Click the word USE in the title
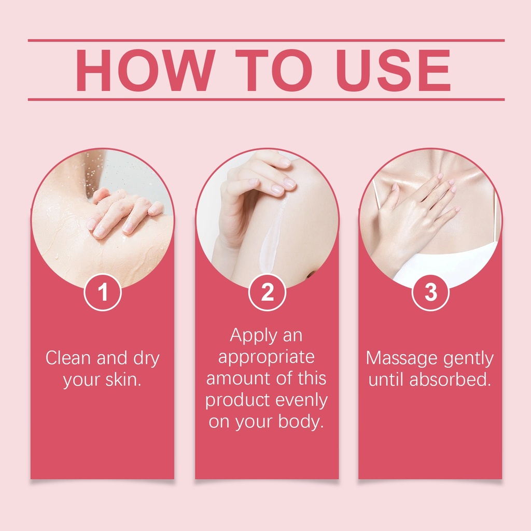point(394,71)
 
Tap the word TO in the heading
point(274,71)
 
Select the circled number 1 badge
point(103,292)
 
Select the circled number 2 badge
point(267,292)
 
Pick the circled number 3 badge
point(431,292)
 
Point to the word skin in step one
point(123,379)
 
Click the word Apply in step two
point(254,336)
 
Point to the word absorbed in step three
point(451,379)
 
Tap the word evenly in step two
point(301,401)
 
